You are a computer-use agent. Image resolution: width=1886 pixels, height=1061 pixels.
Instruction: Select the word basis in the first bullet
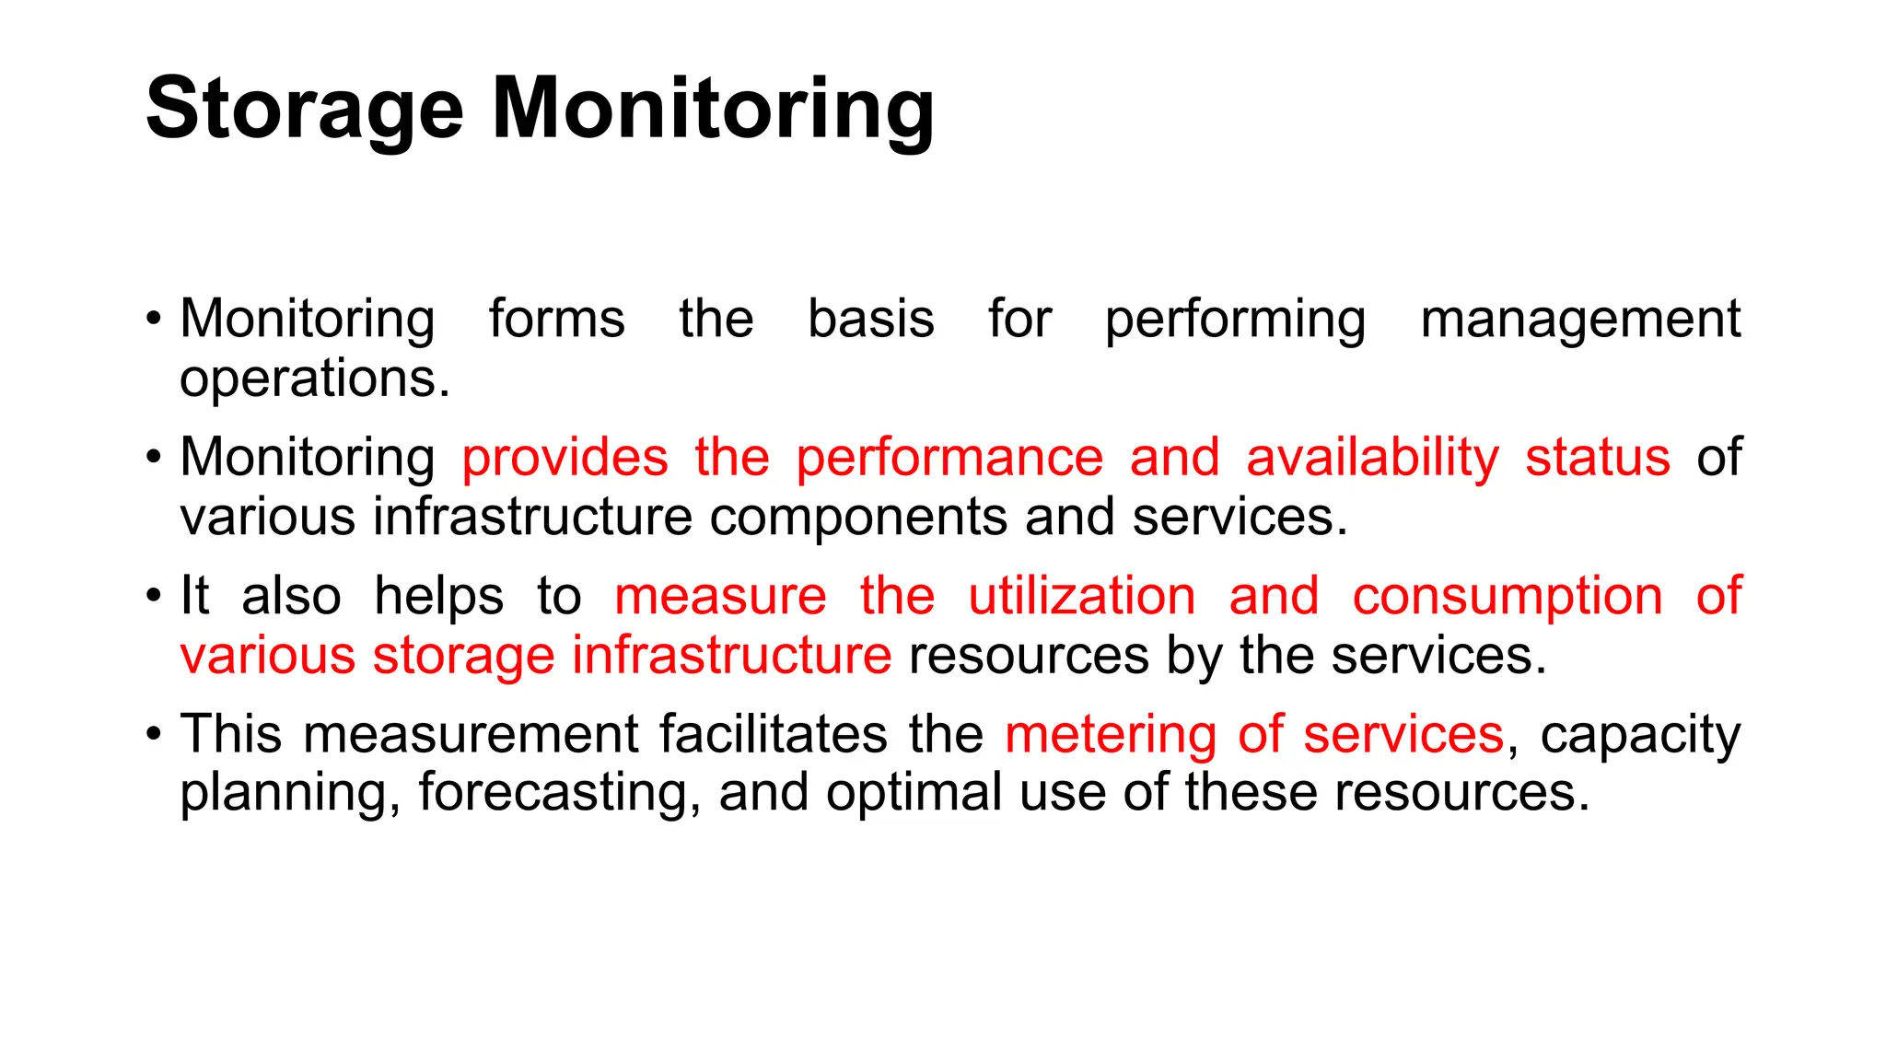pos(870,320)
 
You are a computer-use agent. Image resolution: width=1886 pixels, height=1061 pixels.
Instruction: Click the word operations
pos(315,379)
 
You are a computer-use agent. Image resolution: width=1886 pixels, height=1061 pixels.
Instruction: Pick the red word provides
pos(565,458)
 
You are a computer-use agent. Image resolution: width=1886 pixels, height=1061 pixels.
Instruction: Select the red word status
pos(1597,458)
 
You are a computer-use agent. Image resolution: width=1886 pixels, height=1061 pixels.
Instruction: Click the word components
pos(857,518)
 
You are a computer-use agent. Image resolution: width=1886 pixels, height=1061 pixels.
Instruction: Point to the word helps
pos(438,597)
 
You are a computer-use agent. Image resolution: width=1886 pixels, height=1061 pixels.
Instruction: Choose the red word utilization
pos(1081,596)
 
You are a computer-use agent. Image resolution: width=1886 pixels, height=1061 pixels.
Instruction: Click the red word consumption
pos(1507,598)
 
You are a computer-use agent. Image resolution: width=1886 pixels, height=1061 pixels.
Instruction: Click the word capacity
pos(1640,736)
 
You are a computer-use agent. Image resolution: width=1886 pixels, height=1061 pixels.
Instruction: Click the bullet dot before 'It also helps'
pos(154,596)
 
